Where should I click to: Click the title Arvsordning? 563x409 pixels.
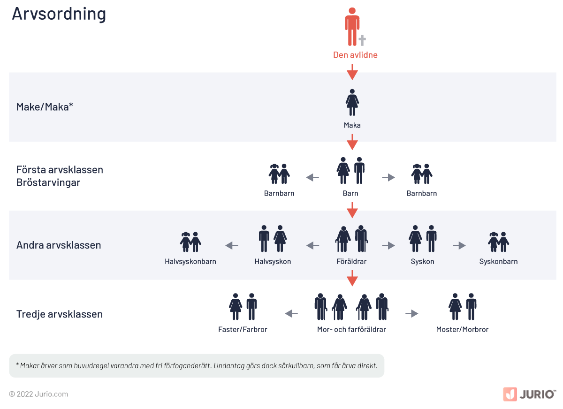click(x=59, y=14)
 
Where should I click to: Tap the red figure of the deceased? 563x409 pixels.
click(x=352, y=26)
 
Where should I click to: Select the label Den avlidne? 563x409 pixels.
click(x=355, y=55)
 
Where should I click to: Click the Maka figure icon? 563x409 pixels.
click(x=352, y=102)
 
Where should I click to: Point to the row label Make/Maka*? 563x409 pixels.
click(x=45, y=107)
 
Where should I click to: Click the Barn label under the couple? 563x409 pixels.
click(x=350, y=193)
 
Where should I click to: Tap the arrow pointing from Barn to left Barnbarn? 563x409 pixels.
click(x=312, y=177)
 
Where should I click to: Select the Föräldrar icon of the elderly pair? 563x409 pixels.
click(x=352, y=239)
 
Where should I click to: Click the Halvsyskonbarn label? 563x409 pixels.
click(x=190, y=261)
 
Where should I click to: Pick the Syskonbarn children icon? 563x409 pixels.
click(x=498, y=242)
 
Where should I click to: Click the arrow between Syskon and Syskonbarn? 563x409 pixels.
click(x=459, y=245)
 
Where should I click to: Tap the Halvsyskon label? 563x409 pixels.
click(x=273, y=261)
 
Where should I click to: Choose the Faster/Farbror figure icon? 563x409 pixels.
click(x=243, y=307)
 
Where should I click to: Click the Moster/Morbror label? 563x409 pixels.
click(x=462, y=329)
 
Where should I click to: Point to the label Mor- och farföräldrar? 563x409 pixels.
click(x=351, y=329)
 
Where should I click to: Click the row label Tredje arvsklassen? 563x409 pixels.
click(x=59, y=314)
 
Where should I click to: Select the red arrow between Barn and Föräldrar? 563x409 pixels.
click(x=352, y=210)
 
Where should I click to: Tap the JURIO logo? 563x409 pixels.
click(x=529, y=394)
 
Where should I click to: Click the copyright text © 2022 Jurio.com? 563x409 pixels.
click(x=38, y=394)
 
